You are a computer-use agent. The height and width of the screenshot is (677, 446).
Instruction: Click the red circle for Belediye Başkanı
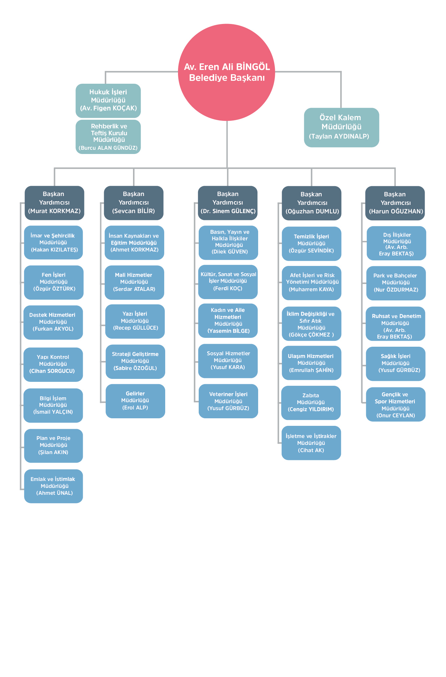tap(227, 72)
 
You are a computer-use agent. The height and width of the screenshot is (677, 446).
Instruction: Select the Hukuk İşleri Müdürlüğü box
tap(108, 100)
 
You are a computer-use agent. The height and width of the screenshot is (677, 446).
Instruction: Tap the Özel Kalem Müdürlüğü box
tap(341, 127)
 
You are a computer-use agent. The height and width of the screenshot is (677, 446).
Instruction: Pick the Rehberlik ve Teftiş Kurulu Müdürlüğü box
tap(108, 137)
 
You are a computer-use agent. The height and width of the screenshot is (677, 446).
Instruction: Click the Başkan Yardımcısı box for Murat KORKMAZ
tap(55, 203)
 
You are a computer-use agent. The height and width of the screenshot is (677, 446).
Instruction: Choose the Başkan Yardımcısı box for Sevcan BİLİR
tap(134, 203)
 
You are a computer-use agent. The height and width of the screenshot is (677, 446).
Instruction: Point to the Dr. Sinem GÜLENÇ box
tap(228, 203)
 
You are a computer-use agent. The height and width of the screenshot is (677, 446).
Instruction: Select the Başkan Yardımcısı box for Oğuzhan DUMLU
tap(312, 203)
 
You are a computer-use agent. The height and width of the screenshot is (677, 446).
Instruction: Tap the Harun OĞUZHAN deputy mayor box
tap(395, 203)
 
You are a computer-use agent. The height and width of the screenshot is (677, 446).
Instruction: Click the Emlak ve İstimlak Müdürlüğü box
tap(54, 486)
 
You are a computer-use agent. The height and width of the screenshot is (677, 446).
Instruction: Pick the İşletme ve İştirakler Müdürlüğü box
tap(311, 443)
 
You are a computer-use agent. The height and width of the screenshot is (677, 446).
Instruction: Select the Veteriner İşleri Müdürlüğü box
tap(228, 401)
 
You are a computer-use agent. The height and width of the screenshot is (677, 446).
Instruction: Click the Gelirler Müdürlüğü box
tap(135, 401)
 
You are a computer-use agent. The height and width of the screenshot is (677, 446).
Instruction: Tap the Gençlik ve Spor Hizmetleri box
tap(395, 404)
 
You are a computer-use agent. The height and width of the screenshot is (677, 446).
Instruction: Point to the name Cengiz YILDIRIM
tap(311, 409)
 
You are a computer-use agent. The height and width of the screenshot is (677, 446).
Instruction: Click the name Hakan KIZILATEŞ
tap(55, 250)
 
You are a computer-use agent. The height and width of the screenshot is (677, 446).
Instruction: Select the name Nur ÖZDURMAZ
tap(396, 290)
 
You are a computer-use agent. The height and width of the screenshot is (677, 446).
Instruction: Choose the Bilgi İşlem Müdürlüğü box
tap(53, 405)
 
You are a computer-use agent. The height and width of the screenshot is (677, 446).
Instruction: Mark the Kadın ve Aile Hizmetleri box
tap(228, 320)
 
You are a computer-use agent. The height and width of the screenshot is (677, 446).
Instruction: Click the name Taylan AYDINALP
tap(339, 137)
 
